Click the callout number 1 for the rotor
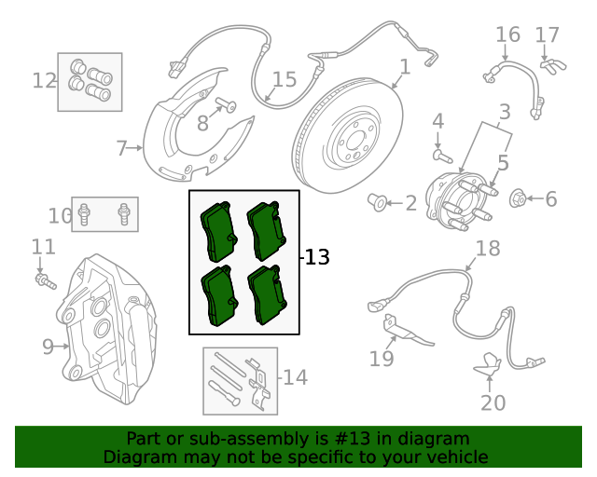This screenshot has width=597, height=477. pyautogui.click(x=405, y=66)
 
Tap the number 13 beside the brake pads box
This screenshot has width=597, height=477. pyautogui.click(x=317, y=257)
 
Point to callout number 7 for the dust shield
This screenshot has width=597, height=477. pyautogui.click(x=121, y=147)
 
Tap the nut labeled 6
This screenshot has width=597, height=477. pyautogui.click(x=521, y=198)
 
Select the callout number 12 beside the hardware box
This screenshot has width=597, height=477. pyautogui.click(x=44, y=80)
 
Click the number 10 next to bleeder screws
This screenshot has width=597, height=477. pyautogui.click(x=61, y=216)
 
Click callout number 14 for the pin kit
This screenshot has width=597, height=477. pyautogui.click(x=295, y=377)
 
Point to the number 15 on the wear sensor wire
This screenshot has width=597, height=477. pyautogui.click(x=284, y=80)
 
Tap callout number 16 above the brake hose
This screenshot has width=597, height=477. pyautogui.click(x=507, y=34)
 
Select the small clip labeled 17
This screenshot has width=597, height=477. pyautogui.click(x=553, y=65)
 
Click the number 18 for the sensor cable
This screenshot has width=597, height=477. pyautogui.click(x=488, y=248)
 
